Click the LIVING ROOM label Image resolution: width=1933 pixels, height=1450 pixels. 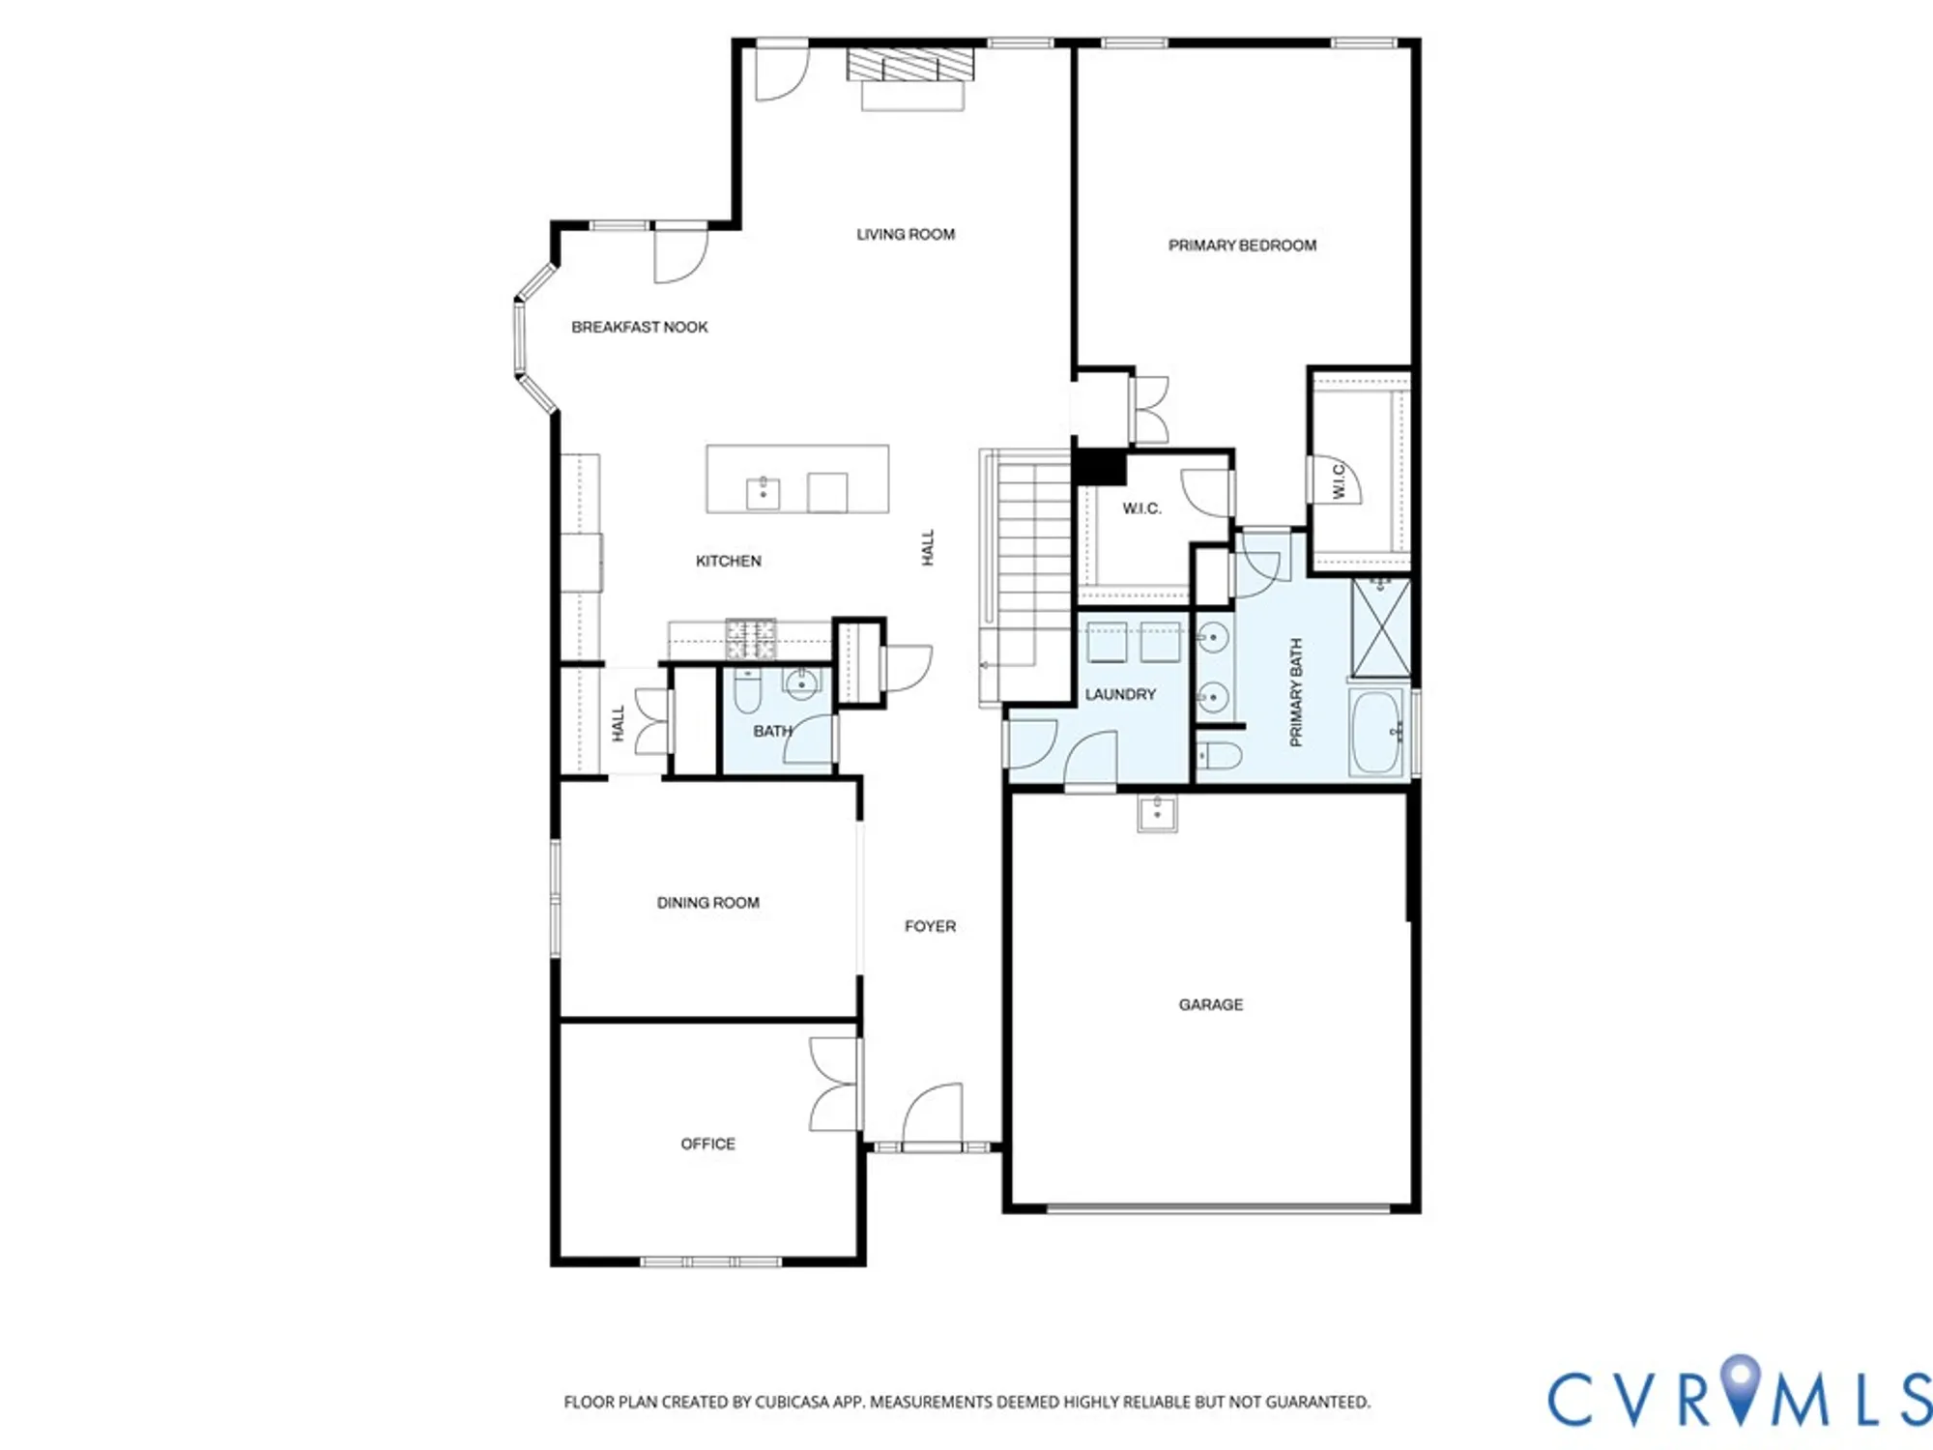pyautogui.click(x=906, y=234)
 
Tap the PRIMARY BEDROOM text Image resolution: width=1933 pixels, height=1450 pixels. pyautogui.click(x=1242, y=246)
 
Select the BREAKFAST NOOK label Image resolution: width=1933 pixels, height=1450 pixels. pyautogui.click(x=639, y=328)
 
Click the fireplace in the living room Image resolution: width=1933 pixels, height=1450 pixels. pyautogui.click(x=911, y=79)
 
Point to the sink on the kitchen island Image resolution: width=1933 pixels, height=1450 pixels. pyautogui.click(x=763, y=492)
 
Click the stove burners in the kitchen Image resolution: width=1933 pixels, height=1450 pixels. pyautogui.click(x=751, y=638)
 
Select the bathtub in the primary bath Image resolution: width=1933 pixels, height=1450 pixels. pyautogui.click(x=1376, y=733)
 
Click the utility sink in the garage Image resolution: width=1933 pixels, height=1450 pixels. pyautogui.click(x=1157, y=812)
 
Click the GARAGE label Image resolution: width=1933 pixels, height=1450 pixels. pyautogui.click(x=1210, y=1005)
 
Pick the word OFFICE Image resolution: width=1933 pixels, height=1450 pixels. pyautogui.click(x=707, y=1145)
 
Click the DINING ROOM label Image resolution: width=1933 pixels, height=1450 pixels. pyautogui.click(x=707, y=903)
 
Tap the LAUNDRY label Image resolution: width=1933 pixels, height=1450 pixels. pyautogui.click(x=1119, y=695)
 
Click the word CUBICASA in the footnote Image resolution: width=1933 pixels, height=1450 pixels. pyautogui.click(x=793, y=1402)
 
